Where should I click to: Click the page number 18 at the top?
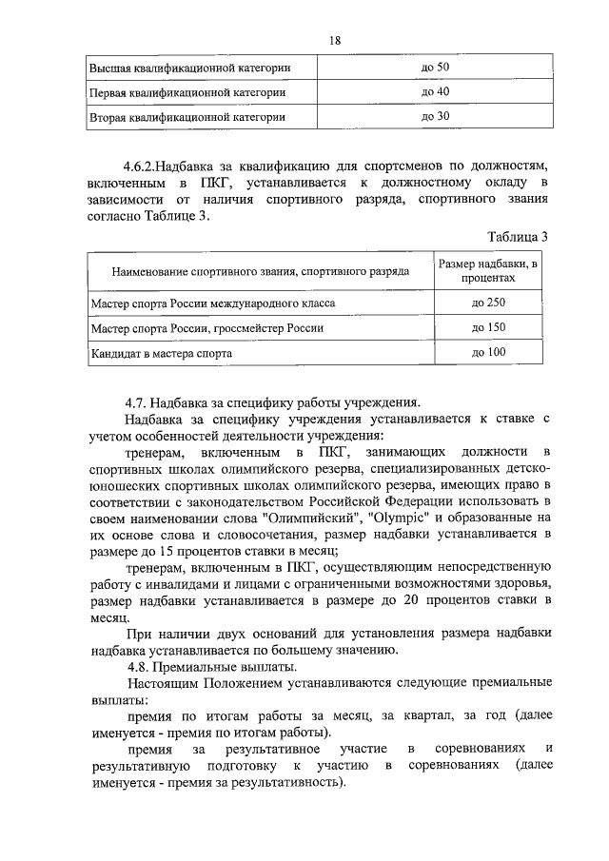click(334, 40)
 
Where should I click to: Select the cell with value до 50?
click(435, 68)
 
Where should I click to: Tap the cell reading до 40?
click(435, 92)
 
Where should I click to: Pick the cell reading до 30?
click(435, 117)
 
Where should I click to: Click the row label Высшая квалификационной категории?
click(189, 68)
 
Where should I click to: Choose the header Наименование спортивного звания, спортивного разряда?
click(260, 272)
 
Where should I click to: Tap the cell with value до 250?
click(488, 303)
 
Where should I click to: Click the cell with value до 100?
click(488, 353)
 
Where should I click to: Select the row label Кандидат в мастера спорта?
click(162, 354)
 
